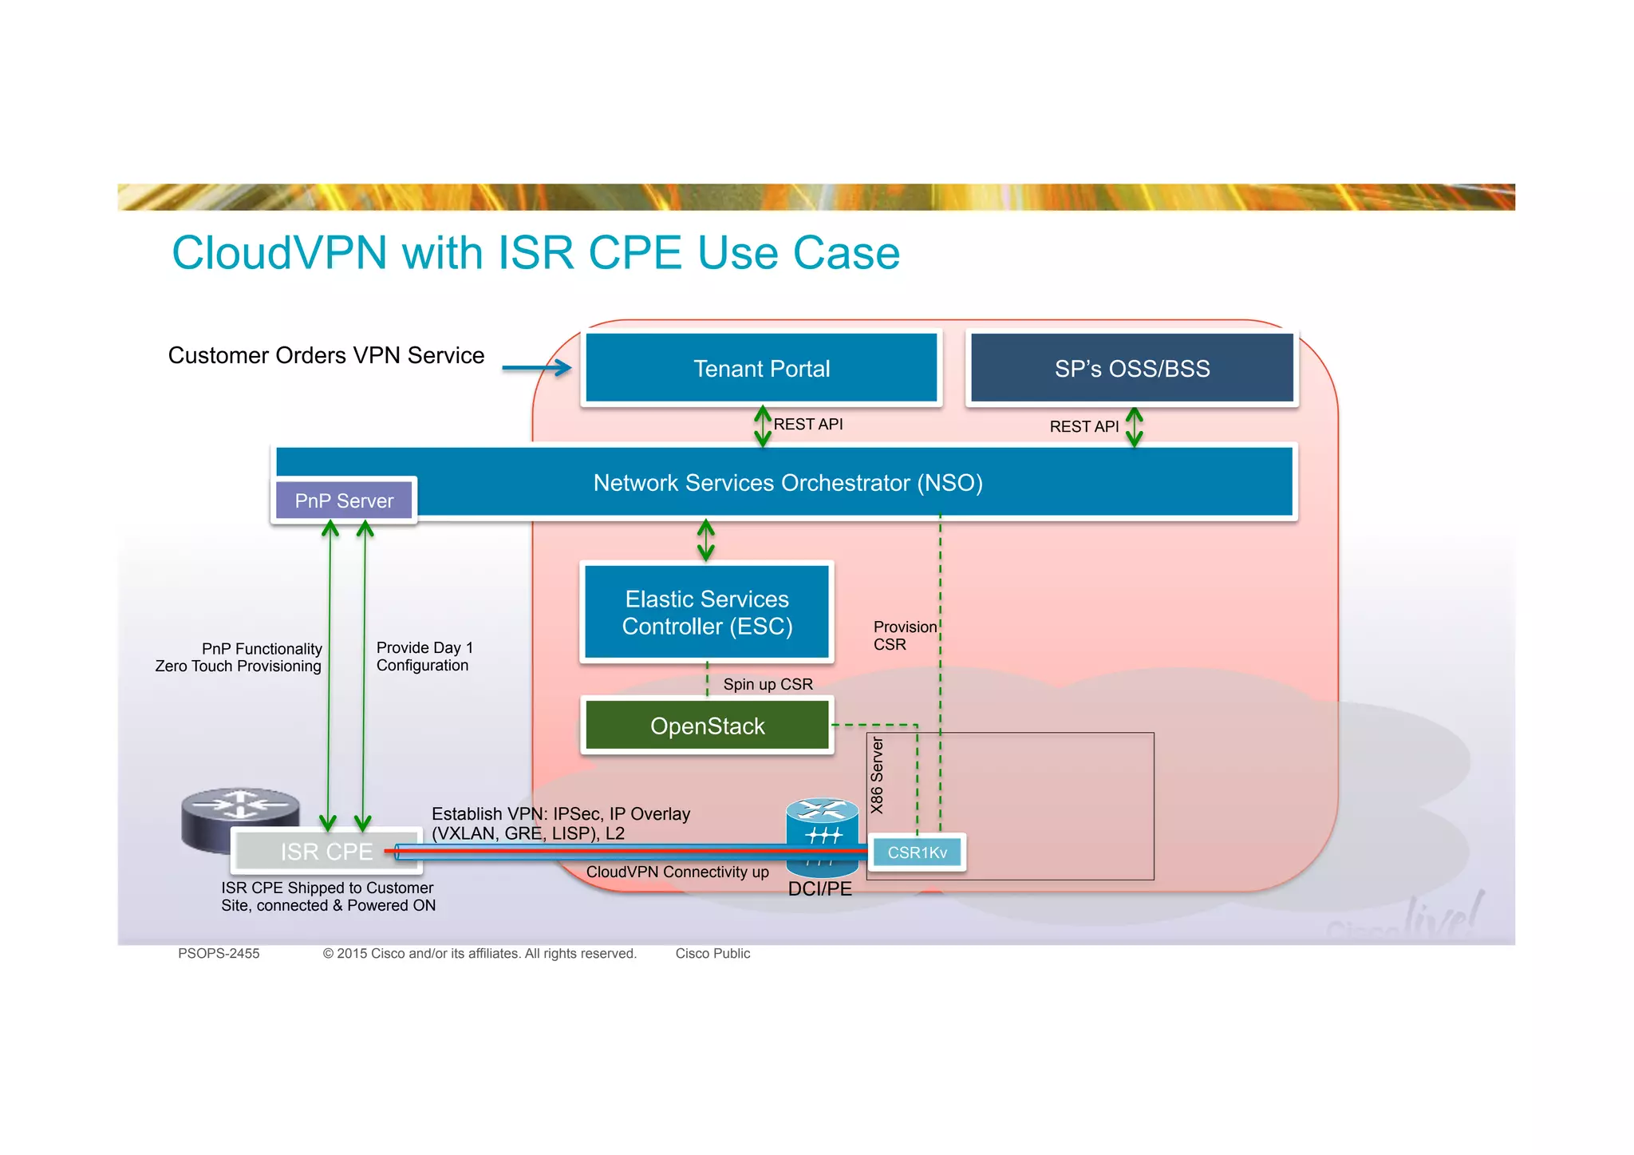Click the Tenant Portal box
[x=761, y=368]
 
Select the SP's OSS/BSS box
[x=1131, y=368]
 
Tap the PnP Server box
[x=344, y=500]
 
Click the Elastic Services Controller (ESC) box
[x=707, y=612]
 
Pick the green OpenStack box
[x=707, y=726]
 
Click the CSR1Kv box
[x=917, y=852]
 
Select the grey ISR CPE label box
[x=326, y=852]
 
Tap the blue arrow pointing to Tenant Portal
[x=537, y=368]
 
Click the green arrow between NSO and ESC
[x=706, y=540]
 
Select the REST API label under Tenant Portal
[x=808, y=425]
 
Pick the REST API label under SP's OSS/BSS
[x=1083, y=427]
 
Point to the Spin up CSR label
[x=768, y=684]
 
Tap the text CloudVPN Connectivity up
[x=677, y=872]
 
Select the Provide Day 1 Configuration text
[x=424, y=656]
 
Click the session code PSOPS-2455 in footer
[x=219, y=953]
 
